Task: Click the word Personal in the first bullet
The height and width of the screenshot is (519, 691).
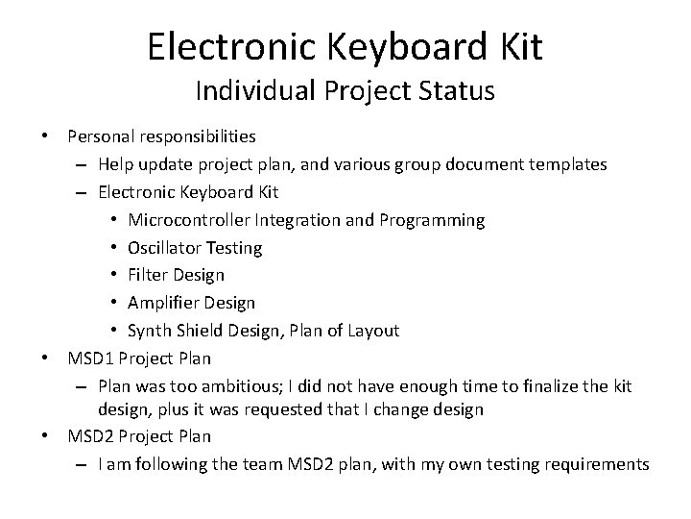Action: point(100,136)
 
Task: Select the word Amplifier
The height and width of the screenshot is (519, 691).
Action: point(164,303)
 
